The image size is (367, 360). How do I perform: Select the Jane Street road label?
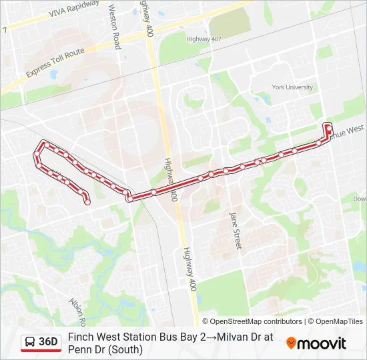pyautogui.click(x=234, y=231)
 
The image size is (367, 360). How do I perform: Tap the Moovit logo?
pyautogui.click(x=316, y=343)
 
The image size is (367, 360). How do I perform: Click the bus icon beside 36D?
pyautogui.click(x=30, y=342)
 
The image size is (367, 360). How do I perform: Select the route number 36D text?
pyautogui.click(x=49, y=342)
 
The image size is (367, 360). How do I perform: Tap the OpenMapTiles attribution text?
pyautogui.click(x=336, y=321)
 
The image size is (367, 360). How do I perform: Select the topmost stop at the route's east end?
pyautogui.click(x=328, y=126)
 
